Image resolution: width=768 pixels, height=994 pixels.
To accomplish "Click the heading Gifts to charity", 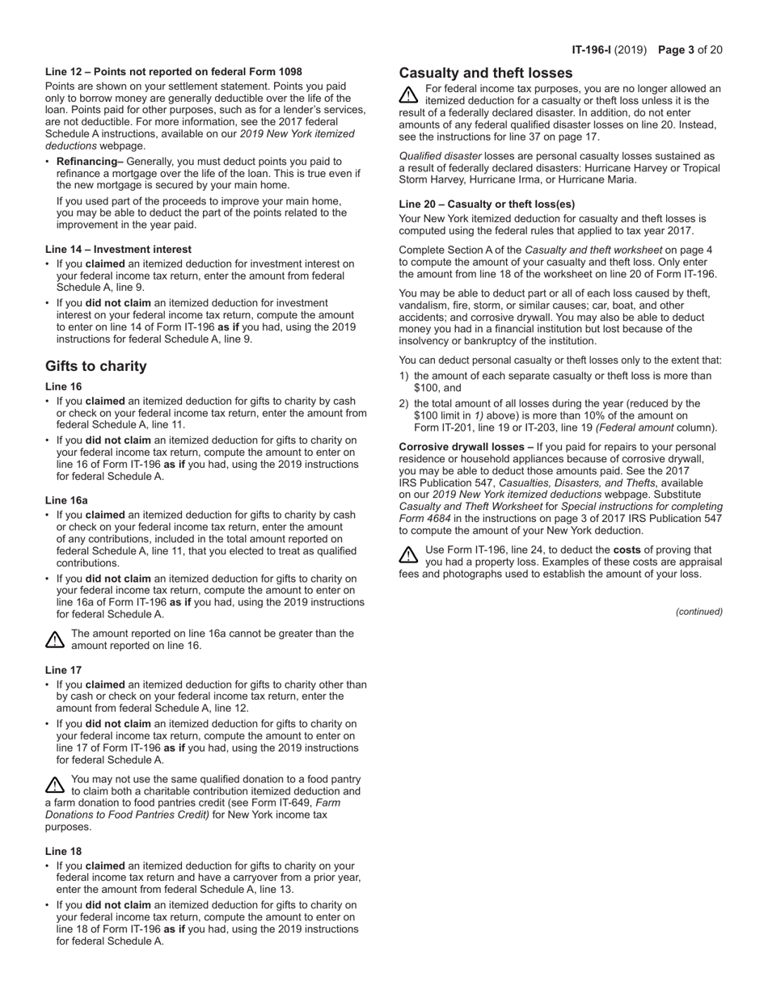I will [x=96, y=366].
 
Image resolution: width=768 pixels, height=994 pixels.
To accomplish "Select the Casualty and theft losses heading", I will [x=486, y=73].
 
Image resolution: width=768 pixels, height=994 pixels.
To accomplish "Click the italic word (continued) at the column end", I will [x=698, y=612].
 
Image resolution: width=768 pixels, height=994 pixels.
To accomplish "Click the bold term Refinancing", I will [x=90, y=162].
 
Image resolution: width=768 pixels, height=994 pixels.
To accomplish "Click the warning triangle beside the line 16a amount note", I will [x=54, y=640].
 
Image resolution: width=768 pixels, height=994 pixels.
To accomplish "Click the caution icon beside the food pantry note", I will [x=54, y=785].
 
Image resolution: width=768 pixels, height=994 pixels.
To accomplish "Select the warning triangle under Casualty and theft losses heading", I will [x=409, y=95].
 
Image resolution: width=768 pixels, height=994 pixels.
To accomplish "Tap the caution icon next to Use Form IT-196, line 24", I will [x=409, y=555].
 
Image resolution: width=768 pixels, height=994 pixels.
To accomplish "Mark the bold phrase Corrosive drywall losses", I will [x=466, y=447].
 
